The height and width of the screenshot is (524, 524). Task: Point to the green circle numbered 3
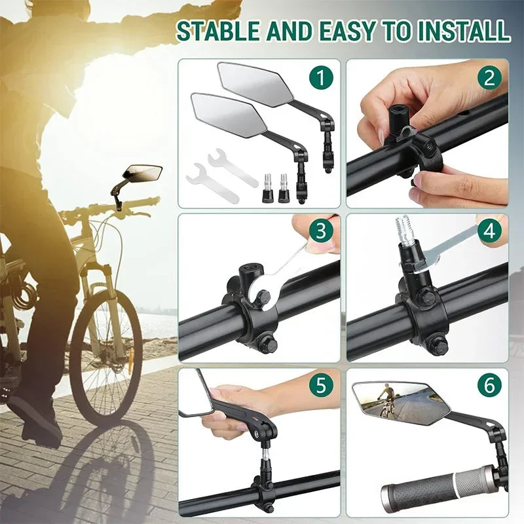pos(320,231)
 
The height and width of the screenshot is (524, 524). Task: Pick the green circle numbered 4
pos(489,231)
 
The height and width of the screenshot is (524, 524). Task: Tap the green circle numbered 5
pos(320,385)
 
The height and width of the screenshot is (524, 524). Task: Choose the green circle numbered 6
pos(489,385)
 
